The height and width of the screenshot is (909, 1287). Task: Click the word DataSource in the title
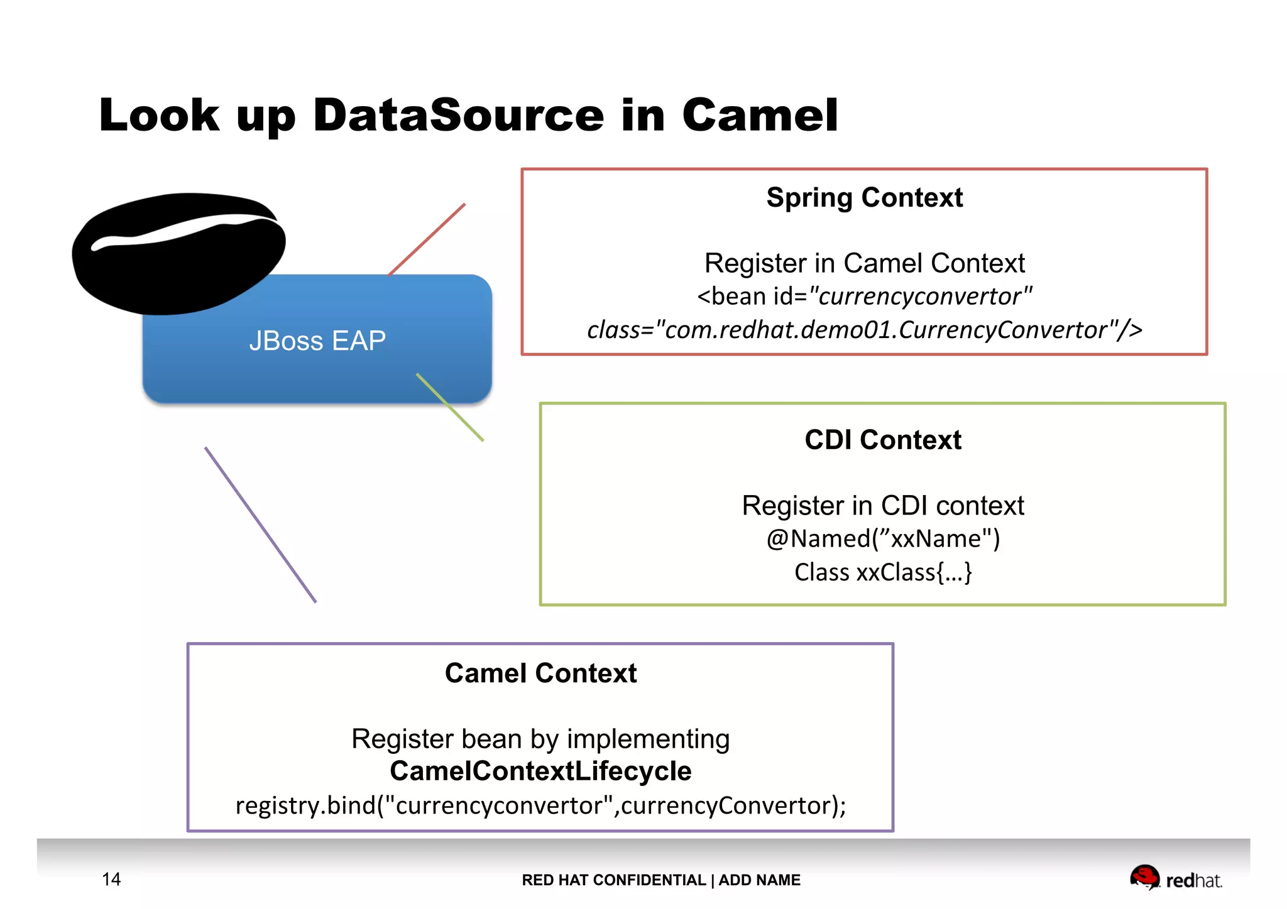tap(458, 116)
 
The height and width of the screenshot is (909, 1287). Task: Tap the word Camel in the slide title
tap(760, 116)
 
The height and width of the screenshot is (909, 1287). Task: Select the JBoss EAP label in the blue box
tap(317, 341)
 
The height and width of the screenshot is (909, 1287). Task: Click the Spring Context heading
tap(864, 198)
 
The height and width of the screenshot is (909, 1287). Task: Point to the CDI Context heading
tap(882, 440)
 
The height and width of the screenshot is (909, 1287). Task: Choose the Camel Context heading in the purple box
tap(540, 673)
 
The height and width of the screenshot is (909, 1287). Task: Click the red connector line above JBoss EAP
tap(427, 239)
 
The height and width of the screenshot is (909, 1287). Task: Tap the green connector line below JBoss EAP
tap(450, 407)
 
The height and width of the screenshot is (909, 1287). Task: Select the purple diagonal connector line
tap(260, 525)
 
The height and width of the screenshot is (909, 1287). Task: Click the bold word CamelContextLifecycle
tap(540, 771)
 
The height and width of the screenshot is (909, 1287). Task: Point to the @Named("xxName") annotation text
tap(882, 539)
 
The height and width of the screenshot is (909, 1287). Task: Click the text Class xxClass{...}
tap(882, 572)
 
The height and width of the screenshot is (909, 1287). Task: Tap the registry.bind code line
tap(540, 805)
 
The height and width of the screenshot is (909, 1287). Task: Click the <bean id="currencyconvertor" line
tap(864, 297)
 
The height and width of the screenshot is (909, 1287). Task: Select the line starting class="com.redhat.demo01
tap(864, 330)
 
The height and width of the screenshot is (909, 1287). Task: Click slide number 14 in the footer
tap(111, 879)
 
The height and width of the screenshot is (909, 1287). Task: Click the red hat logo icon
tap(1144, 877)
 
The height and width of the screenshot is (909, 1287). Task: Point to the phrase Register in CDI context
tap(882, 506)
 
